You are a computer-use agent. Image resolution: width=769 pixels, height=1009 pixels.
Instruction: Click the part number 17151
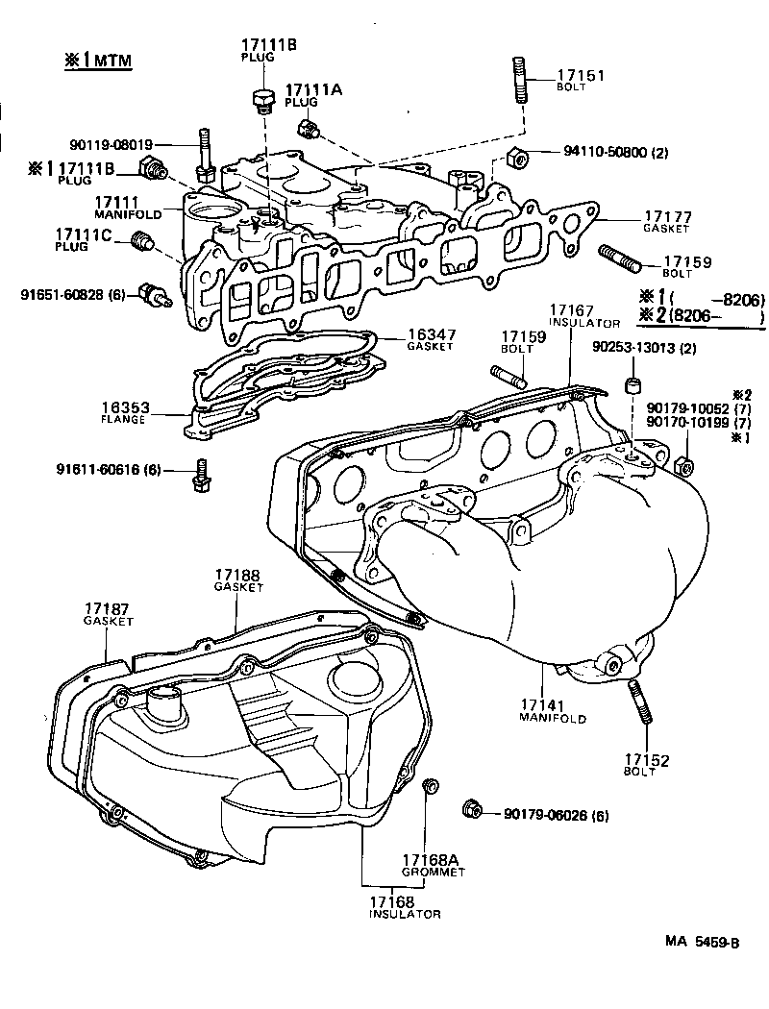click(x=580, y=75)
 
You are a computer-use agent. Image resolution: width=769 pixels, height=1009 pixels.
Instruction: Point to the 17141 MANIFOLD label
click(x=554, y=710)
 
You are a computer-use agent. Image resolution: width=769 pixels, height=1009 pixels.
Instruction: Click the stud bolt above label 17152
click(x=638, y=703)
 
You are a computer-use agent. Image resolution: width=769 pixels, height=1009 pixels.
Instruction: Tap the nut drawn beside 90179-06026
click(x=471, y=808)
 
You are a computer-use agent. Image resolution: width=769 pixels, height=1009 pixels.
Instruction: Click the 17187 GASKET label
click(x=108, y=615)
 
